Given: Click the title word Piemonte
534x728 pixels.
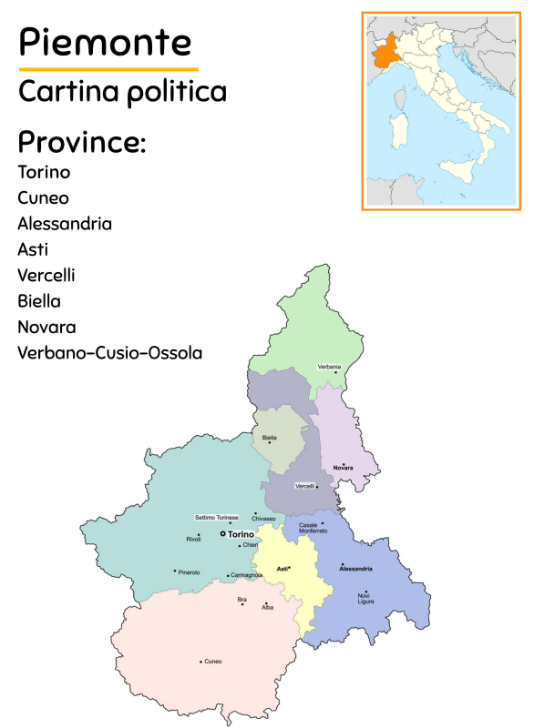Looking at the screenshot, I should [105, 42].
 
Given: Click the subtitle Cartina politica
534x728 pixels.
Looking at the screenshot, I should [122, 91].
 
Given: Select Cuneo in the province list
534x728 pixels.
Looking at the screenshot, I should [43, 197].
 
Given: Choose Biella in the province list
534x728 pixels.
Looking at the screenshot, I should [42, 300].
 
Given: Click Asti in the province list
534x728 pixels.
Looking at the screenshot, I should [33, 249].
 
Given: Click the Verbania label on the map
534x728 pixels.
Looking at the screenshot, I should [329, 366].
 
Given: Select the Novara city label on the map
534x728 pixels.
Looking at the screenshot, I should [343, 468].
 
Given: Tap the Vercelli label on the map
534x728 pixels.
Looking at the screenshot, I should [304, 486].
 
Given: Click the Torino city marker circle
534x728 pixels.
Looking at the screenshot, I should [222, 534].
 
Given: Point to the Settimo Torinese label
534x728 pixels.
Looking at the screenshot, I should [216, 517].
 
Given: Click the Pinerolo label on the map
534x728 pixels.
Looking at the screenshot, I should [189, 572].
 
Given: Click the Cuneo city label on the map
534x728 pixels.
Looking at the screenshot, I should [212, 662].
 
